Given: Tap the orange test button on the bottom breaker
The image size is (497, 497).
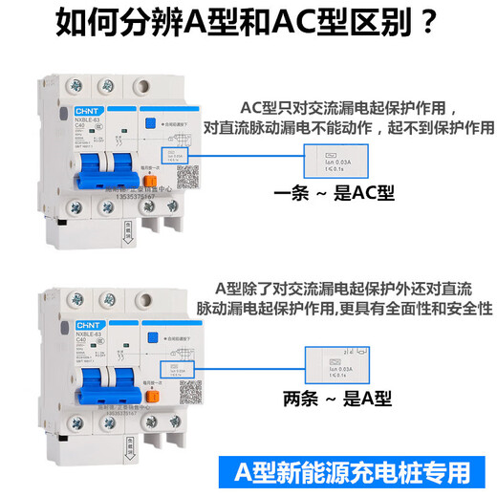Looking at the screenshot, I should [x=152, y=393].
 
